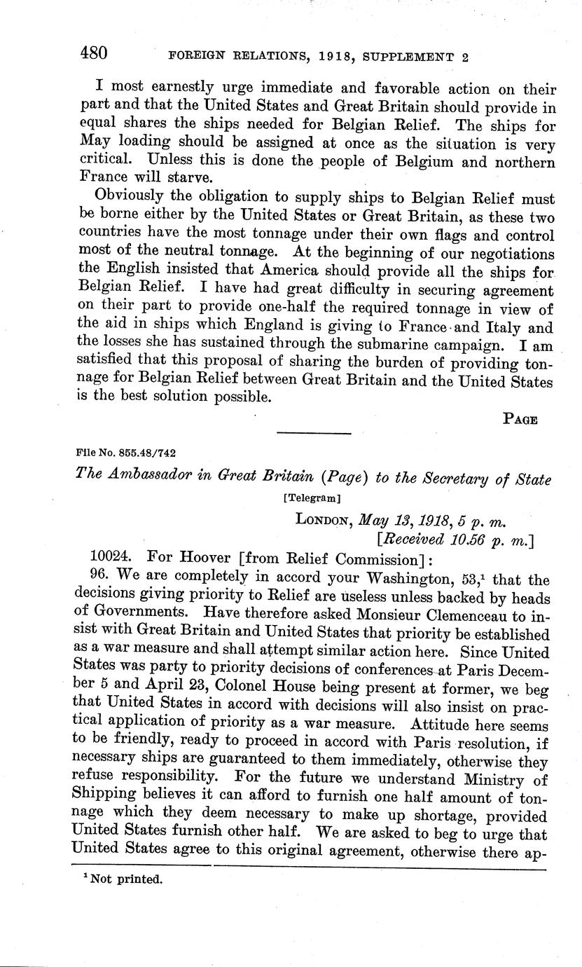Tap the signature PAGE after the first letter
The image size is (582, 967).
[x=520, y=420]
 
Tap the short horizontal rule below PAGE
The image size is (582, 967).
[x=313, y=434]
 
